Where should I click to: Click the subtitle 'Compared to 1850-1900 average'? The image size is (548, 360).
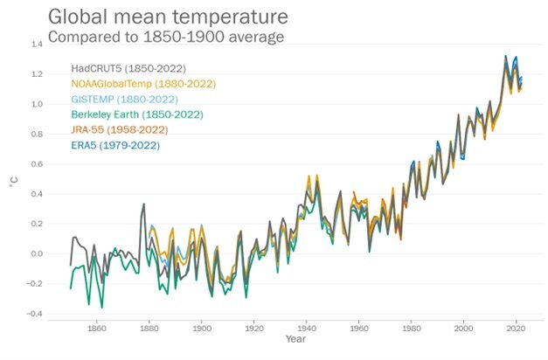point(165,37)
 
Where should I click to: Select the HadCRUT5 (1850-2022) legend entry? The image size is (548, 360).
point(128,68)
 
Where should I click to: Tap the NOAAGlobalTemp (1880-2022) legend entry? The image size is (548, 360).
point(143,84)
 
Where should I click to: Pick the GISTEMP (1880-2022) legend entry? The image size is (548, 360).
point(123,100)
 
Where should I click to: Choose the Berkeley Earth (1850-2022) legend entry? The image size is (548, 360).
point(136,114)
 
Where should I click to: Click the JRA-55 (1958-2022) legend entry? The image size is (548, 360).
point(120,130)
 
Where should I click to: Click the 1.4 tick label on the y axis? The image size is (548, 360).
point(37,44)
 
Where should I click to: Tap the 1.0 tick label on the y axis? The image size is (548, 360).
point(37,104)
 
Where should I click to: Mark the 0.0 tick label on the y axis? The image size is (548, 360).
point(37,254)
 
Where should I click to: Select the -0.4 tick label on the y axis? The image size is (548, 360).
point(35,314)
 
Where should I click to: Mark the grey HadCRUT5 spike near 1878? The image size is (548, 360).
point(143,204)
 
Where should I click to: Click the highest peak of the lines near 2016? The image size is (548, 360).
point(506,57)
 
